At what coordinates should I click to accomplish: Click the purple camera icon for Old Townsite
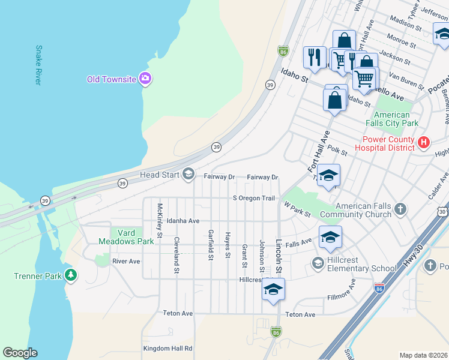tap(145, 79)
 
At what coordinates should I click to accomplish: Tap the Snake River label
tap(39, 65)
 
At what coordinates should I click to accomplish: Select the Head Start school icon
tap(188, 175)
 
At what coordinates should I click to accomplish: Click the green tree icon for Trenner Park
tap(71, 276)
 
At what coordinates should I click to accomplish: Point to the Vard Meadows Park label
tap(126, 237)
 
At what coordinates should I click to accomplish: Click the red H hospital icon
tap(424, 143)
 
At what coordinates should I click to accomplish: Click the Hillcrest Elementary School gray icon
tap(318, 263)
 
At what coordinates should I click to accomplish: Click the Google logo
tap(20, 353)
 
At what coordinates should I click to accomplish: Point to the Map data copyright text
tap(423, 355)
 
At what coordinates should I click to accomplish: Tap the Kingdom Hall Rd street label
tap(167, 348)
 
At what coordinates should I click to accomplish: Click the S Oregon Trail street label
tap(253, 199)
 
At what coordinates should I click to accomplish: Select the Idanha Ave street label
tap(183, 221)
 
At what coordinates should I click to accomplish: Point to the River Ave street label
tap(126, 262)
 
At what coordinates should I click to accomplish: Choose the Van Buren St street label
tap(403, 77)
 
